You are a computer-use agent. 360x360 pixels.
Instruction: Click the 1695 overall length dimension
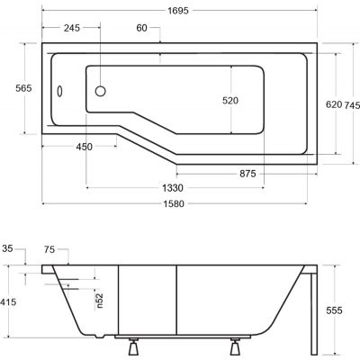178,11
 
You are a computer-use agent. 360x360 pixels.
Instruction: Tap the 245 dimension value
72,28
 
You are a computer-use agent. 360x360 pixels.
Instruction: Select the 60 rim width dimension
142,28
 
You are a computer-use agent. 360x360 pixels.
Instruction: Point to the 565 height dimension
23,88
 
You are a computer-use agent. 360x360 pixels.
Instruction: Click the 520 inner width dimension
230,101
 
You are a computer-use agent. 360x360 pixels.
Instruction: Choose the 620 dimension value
334,104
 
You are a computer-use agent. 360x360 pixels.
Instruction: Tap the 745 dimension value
352,105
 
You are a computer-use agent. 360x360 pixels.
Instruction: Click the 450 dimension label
85,147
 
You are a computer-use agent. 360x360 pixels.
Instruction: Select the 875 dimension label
247,174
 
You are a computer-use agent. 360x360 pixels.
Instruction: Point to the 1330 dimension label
173,188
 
